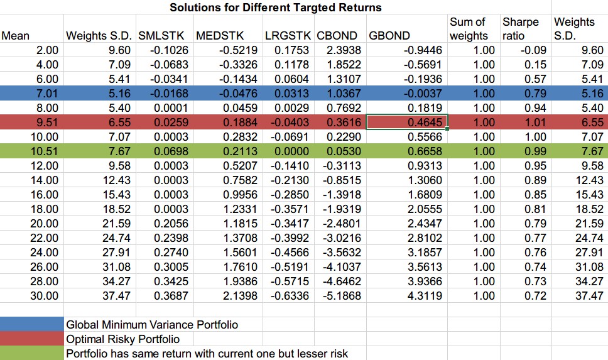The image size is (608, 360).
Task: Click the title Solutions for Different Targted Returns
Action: (275, 8)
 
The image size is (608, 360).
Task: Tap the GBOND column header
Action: (389, 36)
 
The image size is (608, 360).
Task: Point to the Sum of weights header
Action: (468, 29)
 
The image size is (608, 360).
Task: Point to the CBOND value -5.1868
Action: (342, 296)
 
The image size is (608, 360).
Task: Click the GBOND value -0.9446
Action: (424, 50)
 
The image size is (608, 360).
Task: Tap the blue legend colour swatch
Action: (31, 325)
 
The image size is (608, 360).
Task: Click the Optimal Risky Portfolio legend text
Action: (123, 339)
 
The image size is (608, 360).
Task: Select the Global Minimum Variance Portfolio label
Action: (152, 325)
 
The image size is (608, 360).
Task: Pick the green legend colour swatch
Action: (31, 353)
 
